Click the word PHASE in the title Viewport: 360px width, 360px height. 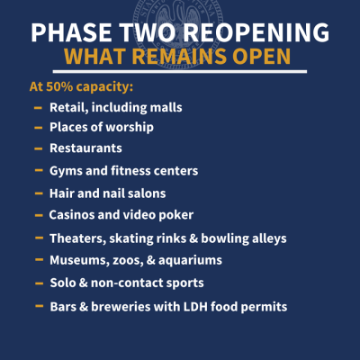(71, 32)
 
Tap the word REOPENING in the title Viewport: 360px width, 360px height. (256, 32)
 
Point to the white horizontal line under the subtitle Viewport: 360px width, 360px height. (180, 72)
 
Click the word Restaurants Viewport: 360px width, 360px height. (85, 148)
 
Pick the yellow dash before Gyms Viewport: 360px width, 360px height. (39, 170)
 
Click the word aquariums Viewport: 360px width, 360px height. (190, 260)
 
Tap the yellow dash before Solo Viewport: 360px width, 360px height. (39, 283)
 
